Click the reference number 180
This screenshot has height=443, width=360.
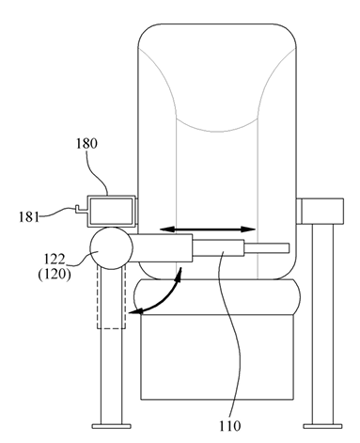click(86, 144)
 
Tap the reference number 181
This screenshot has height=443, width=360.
click(29, 217)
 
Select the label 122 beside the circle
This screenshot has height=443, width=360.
click(55, 260)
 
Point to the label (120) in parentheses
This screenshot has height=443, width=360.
click(55, 275)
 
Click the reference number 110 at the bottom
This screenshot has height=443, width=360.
click(229, 426)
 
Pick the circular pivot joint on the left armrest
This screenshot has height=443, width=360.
click(111, 248)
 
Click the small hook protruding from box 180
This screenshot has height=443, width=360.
click(80, 209)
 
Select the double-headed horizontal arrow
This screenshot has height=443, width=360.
click(208, 229)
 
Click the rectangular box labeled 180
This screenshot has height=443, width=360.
click(111, 211)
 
